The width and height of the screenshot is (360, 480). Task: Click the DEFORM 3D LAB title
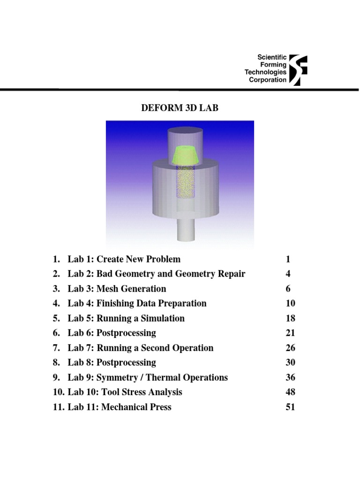point(180,108)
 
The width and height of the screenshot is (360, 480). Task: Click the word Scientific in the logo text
point(272,57)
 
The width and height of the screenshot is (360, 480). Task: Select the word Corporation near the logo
point(268,80)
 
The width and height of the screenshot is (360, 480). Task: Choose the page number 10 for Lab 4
point(290,303)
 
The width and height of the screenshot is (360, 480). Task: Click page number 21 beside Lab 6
point(290,333)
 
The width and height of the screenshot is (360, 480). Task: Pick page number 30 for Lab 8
point(290,362)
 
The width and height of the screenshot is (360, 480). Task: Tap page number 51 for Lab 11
point(290,407)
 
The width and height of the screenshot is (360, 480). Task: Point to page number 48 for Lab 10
point(290,392)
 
